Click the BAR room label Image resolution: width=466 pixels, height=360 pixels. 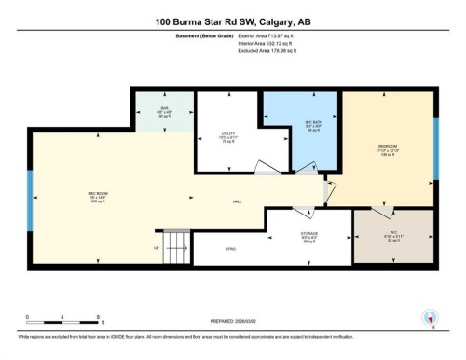[163, 108]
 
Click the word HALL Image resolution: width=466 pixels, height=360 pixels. [240, 202]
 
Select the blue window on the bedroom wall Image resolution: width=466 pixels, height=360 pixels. [435, 149]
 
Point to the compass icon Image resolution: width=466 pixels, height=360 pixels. [430, 316]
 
